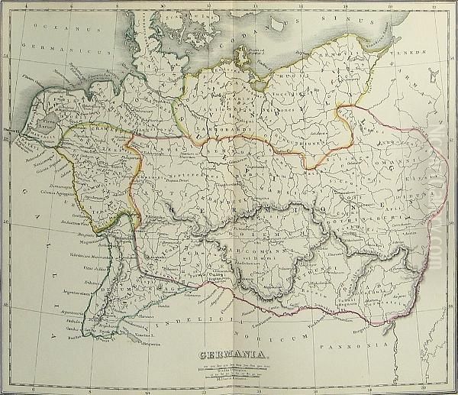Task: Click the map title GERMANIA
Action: [x=230, y=354]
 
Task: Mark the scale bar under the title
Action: [x=230, y=368]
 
